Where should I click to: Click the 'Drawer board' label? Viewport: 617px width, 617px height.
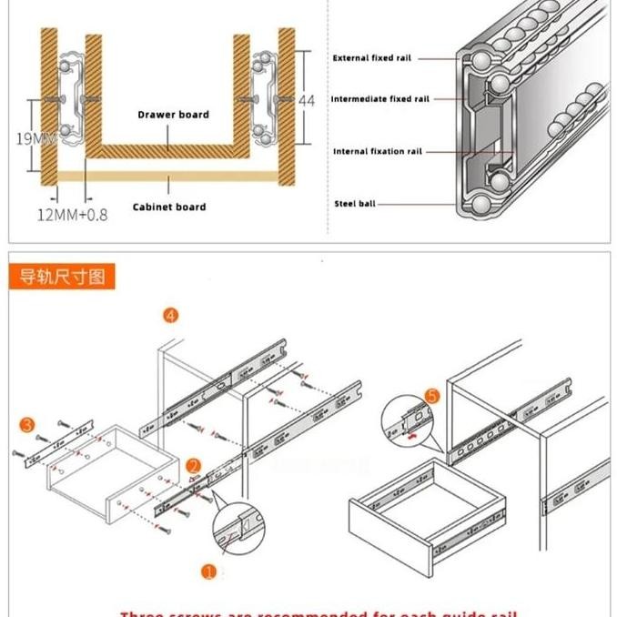click(173, 115)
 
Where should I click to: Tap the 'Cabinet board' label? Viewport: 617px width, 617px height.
click(169, 207)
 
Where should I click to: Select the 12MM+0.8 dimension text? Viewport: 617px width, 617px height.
click(72, 215)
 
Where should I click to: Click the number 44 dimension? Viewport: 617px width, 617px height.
click(307, 100)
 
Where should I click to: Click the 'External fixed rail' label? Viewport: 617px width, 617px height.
click(372, 58)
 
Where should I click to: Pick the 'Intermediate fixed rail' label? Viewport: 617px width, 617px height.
click(379, 99)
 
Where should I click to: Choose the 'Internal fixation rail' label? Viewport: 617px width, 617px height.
click(378, 152)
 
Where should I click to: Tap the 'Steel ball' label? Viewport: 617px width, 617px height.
click(354, 204)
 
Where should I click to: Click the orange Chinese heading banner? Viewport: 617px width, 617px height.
click(64, 276)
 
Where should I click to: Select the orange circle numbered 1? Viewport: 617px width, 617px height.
click(209, 571)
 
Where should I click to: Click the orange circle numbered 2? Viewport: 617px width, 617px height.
click(193, 467)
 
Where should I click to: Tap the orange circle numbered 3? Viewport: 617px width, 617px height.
click(27, 425)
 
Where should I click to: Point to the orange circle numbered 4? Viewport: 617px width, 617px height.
click(171, 316)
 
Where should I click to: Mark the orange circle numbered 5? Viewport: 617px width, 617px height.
click(432, 396)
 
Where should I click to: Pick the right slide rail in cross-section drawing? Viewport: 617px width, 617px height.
click(262, 91)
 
